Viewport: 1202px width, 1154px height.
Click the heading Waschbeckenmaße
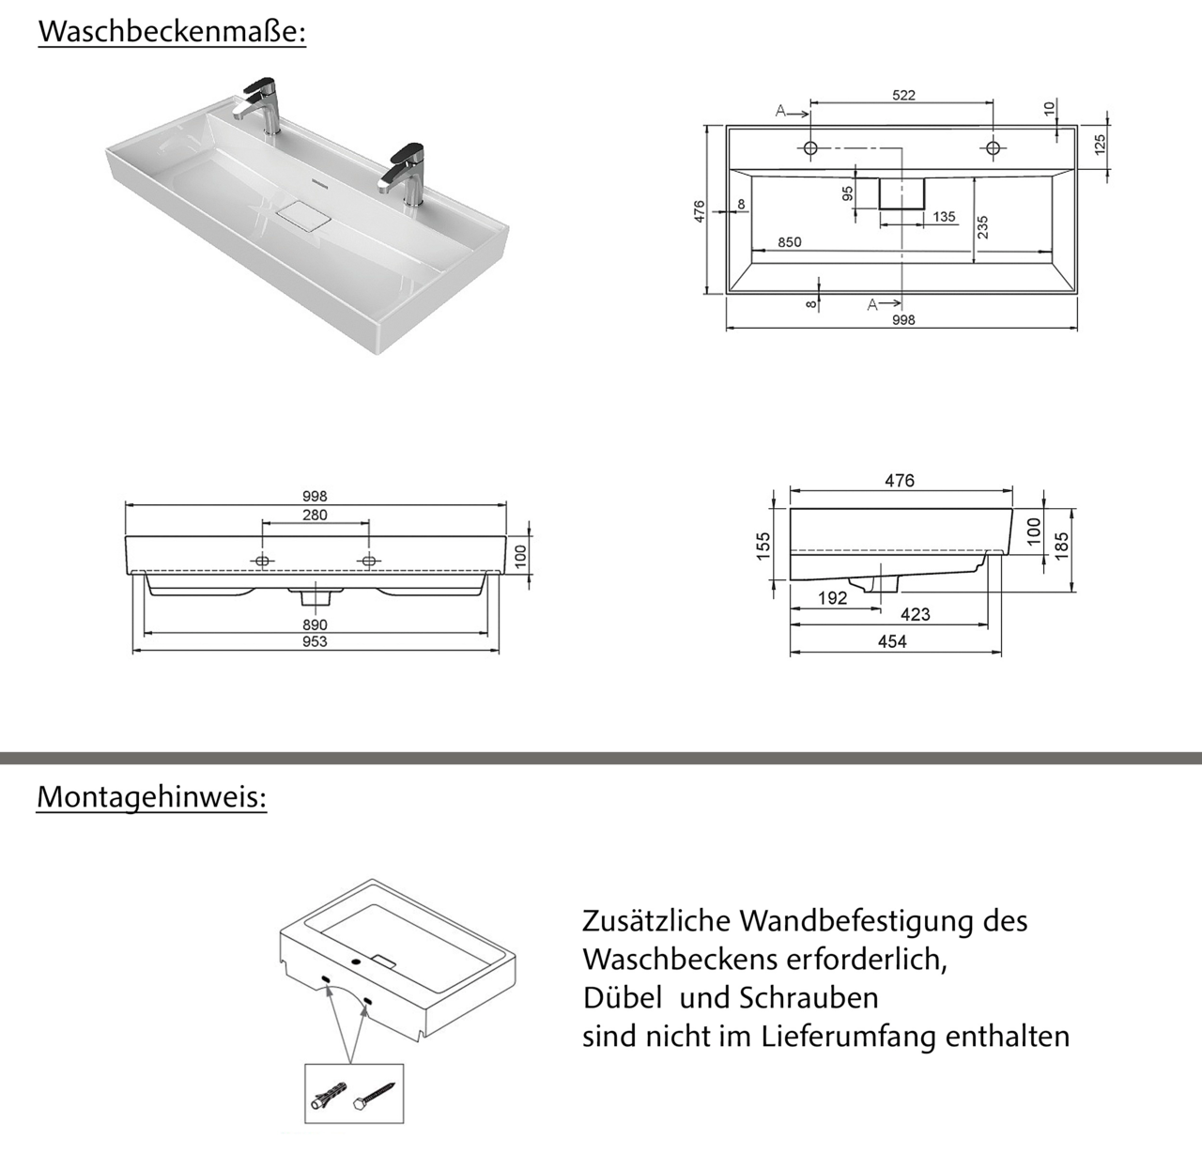[172, 31]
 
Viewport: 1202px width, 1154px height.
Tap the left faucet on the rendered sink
[258, 105]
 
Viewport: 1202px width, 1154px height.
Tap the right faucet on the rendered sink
[406, 174]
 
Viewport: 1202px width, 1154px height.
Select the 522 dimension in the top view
[902, 95]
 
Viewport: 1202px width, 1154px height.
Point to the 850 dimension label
[789, 242]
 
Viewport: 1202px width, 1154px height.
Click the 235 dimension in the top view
[982, 226]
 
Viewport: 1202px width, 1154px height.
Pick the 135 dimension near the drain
[943, 217]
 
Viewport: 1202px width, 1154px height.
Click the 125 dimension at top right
[1100, 144]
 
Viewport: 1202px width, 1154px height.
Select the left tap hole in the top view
[810, 147]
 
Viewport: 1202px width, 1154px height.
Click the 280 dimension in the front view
[315, 515]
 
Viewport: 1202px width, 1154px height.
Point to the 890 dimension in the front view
[315, 624]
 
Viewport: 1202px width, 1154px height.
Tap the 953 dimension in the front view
[315, 642]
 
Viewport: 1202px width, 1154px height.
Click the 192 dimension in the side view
[832, 598]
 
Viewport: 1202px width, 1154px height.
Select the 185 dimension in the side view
[1061, 543]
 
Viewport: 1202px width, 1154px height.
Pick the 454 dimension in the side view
[891, 641]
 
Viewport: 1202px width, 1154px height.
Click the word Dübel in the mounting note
[623, 997]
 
